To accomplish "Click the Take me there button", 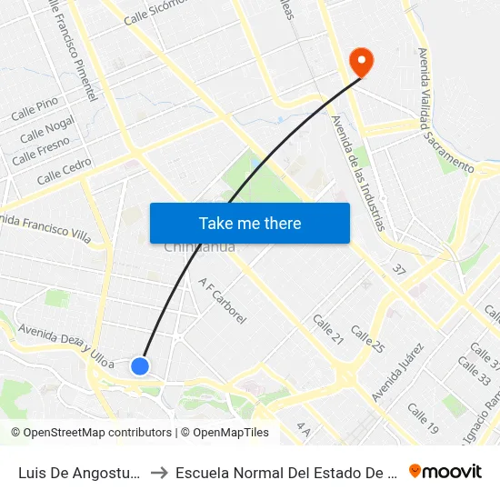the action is [x=249, y=223].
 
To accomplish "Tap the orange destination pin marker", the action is [x=361, y=62].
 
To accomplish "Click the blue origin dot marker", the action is [x=139, y=365].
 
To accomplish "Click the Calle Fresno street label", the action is [x=41, y=149].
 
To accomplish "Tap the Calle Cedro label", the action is [x=65, y=169].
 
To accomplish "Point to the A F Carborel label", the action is [x=223, y=301].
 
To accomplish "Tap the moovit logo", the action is [x=445, y=471].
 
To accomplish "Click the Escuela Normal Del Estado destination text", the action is [x=286, y=473].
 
